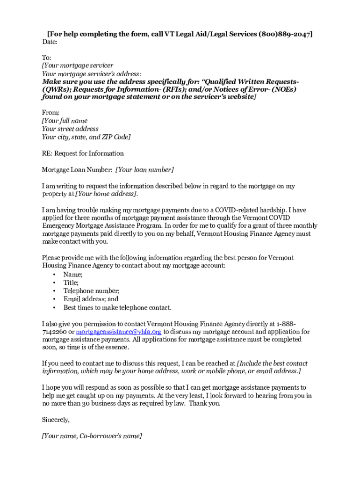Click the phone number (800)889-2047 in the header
click(x=285, y=34)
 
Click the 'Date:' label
click(x=50, y=42)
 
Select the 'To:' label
click(x=47, y=58)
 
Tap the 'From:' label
click(x=50, y=113)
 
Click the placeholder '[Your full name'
click(x=65, y=121)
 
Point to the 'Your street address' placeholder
click(x=70, y=129)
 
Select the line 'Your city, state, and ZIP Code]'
click(x=86, y=137)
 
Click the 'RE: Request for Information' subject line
click(x=83, y=153)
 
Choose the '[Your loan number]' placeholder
click(x=144, y=169)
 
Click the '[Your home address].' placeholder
click(x=107, y=194)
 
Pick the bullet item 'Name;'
click(x=73, y=275)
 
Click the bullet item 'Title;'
click(x=71, y=283)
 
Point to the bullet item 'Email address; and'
click(x=91, y=299)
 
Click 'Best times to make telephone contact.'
click(x=117, y=307)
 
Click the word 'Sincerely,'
click(x=56, y=420)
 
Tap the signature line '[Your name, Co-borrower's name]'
click(x=92, y=436)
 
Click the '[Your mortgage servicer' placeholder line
click(x=78, y=65)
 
